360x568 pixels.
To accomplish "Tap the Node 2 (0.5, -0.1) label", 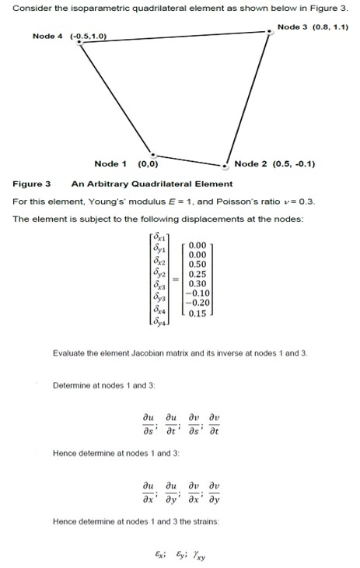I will (x=274, y=164).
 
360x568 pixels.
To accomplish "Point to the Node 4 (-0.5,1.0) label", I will (x=69, y=36).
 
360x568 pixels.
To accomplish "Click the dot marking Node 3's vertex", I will (x=269, y=30).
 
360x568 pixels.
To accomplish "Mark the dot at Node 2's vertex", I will (x=225, y=165).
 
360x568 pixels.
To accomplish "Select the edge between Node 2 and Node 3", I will (x=247, y=97).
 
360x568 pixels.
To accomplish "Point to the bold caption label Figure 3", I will (x=32, y=184).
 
